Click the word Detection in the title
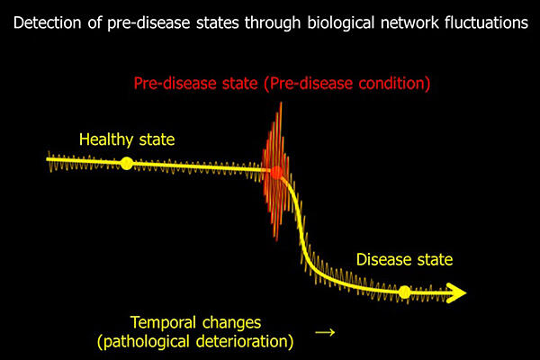[x=48, y=22]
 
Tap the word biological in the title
[x=340, y=23]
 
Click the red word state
[x=240, y=84]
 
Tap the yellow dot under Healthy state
[x=126, y=163]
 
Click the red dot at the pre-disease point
[x=276, y=172]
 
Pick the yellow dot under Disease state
[x=405, y=292]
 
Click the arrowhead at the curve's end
[x=456, y=292]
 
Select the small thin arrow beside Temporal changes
[x=325, y=332]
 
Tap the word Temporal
[x=163, y=323]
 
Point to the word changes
[x=232, y=323]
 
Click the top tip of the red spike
[x=281, y=103]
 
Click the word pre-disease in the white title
[x=148, y=23]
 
